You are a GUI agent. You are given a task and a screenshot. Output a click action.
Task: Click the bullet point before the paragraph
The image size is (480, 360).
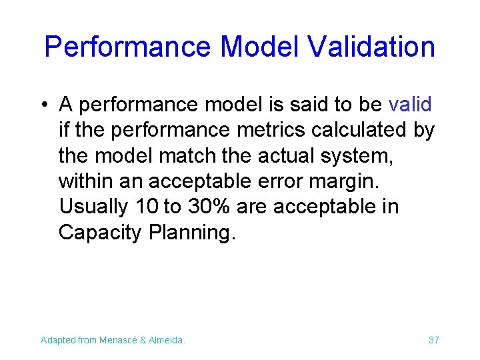pos(43,105)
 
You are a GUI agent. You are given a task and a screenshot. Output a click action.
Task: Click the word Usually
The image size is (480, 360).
pos(94,207)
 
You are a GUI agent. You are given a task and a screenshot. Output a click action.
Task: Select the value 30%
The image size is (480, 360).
pos(209,207)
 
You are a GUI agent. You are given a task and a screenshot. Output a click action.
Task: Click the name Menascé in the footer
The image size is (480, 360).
pos(120,341)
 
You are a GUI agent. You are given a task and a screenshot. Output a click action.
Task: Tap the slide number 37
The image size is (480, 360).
pos(433,341)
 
